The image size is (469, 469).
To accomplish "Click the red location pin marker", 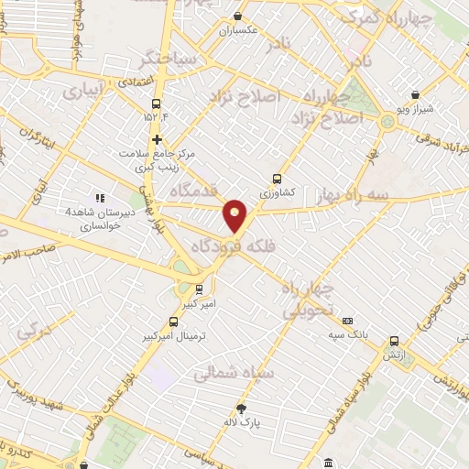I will (236, 215).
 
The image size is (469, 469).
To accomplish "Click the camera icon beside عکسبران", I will (238, 16).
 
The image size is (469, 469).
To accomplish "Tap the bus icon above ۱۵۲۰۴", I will (156, 104).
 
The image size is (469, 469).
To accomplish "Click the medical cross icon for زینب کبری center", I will (158, 140).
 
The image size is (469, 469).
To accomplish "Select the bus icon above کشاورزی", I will (277, 180).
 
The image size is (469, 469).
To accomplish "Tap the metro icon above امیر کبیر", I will (200, 290).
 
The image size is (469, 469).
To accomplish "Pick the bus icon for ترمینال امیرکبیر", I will (174, 322).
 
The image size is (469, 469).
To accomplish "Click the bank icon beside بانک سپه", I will (347, 321).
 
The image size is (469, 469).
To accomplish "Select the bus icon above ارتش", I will (394, 341).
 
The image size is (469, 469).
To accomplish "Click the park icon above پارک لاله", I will (241, 409).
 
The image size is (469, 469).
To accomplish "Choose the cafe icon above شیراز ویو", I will (415, 94).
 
